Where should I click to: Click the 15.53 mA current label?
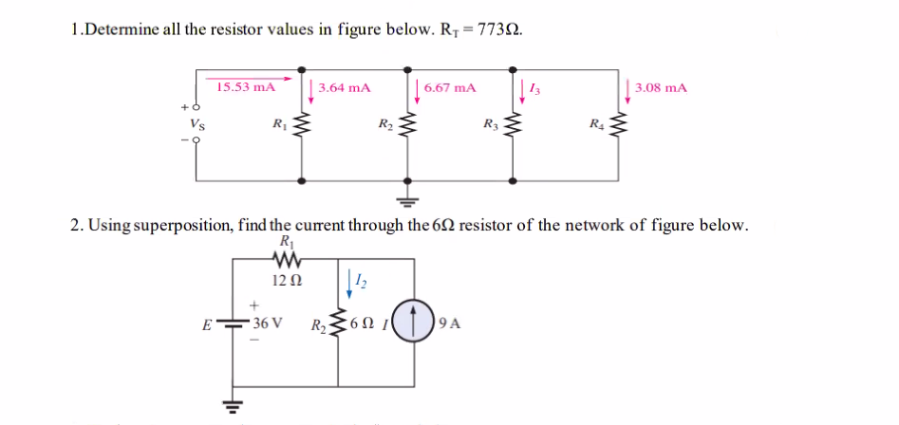[x=245, y=87]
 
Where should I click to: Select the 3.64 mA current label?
[x=344, y=87]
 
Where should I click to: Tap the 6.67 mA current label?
[x=450, y=87]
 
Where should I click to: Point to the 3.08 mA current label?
[x=661, y=87]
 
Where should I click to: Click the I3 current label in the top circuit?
[x=536, y=87]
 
